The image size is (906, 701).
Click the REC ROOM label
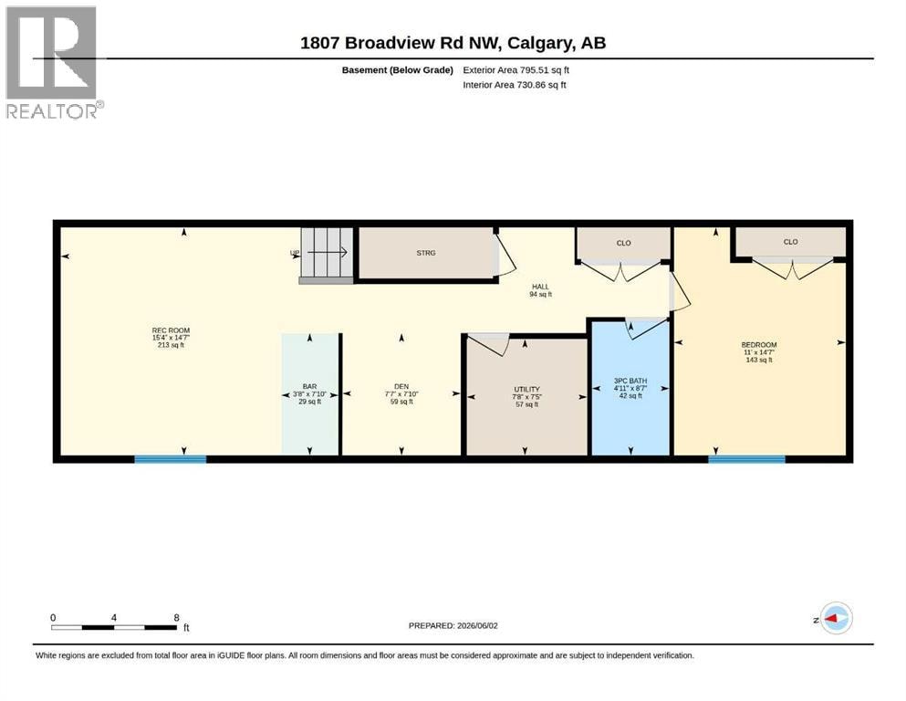171,330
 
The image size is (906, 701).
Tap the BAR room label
309,387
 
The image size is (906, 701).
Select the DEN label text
401,387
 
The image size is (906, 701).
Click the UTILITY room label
527,390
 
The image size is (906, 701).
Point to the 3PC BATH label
630,381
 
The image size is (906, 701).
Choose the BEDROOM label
759,345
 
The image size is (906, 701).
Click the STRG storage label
426,253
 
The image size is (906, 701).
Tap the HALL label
541,287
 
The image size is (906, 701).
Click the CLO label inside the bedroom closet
790,242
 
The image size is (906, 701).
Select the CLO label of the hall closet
623,244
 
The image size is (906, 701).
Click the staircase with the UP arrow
327,255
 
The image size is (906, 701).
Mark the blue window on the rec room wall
171,459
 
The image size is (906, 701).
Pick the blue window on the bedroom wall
746,459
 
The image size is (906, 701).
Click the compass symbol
836,618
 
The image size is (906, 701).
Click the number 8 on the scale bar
177,617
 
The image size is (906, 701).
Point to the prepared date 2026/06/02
477,625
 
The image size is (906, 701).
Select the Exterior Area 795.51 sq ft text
516,70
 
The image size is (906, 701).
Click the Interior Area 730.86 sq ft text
515,85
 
